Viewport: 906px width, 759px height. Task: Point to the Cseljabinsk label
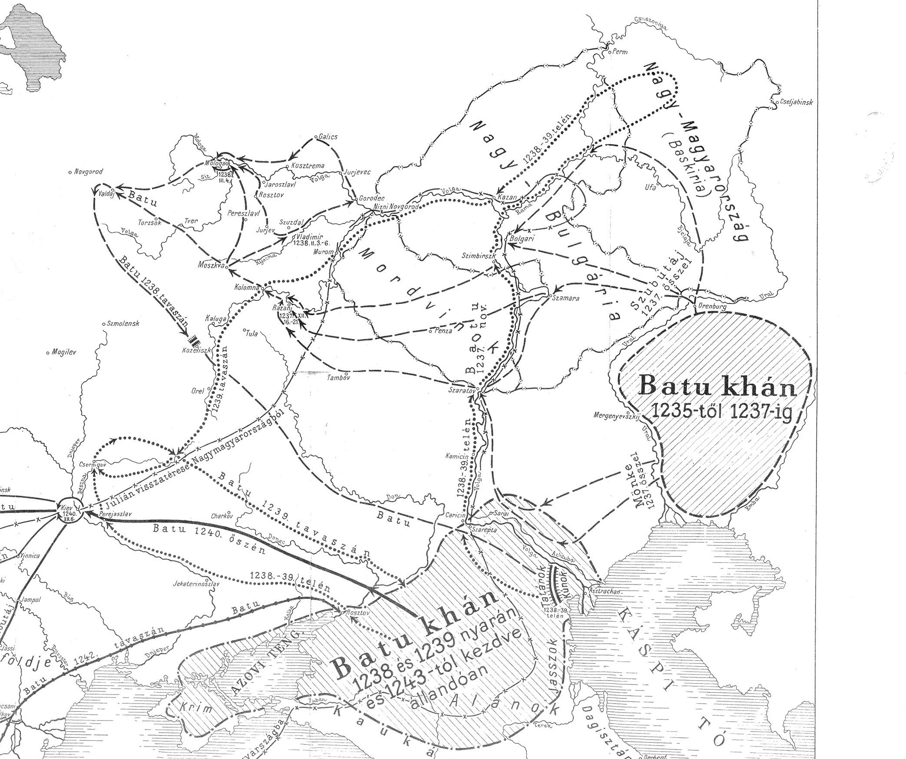[x=796, y=103]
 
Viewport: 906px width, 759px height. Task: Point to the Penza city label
[x=442, y=331]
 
